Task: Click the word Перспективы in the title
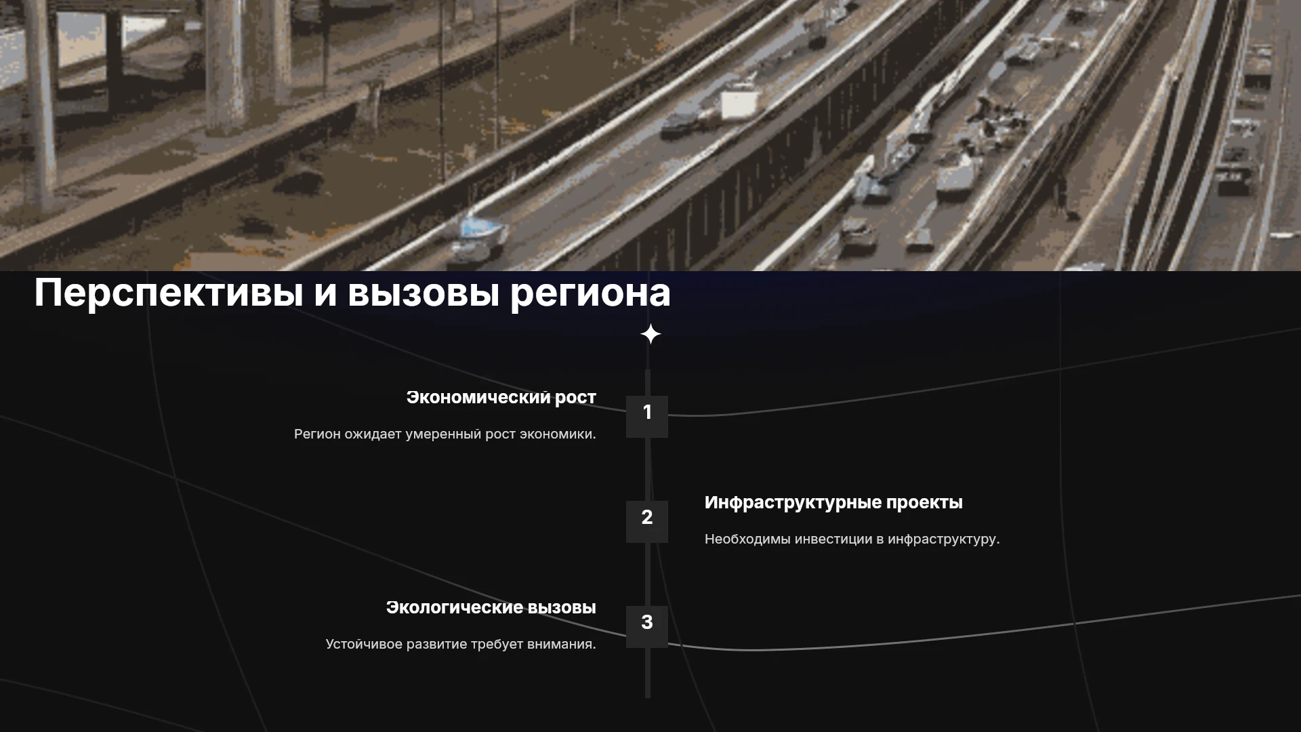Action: tap(169, 293)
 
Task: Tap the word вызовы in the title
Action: tap(424, 293)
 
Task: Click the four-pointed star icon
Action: tap(650, 334)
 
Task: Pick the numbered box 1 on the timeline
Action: tap(647, 417)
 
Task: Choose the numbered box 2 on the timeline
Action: tap(647, 522)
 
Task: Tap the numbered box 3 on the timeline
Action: tap(647, 627)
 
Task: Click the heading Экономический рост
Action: tap(501, 398)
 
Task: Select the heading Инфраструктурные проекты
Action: tap(833, 503)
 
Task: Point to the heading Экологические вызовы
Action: tap(491, 607)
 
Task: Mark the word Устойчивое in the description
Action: tap(364, 645)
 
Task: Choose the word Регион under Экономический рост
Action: tap(317, 434)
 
